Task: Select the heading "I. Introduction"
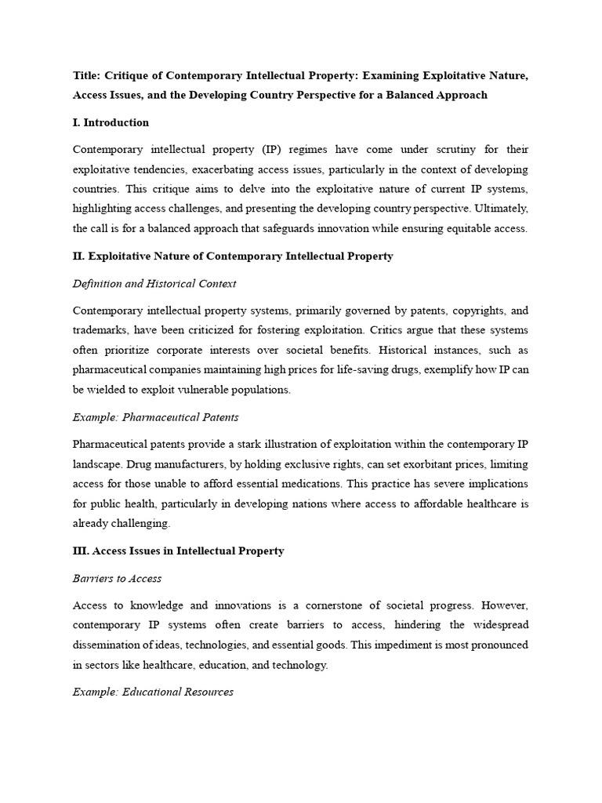111,122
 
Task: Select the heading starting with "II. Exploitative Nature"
233,256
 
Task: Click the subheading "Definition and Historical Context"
154,283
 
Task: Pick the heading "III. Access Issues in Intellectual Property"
179,551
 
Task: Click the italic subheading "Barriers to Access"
118,578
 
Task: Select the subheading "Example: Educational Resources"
153,692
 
